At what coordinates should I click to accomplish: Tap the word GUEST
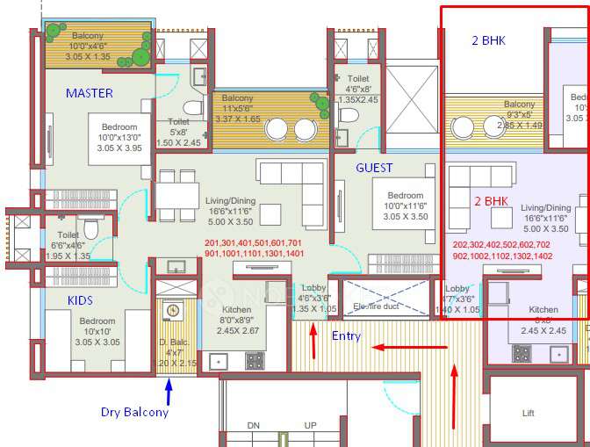(x=374, y=168)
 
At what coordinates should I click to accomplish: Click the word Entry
(x=345, y=335)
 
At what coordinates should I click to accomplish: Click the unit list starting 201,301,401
(x=253, y=248)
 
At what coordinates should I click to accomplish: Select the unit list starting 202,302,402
(x=501, y=250)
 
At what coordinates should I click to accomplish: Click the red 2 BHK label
(x=492, y=201)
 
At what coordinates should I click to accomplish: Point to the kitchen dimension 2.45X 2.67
(x=236, y=331)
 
